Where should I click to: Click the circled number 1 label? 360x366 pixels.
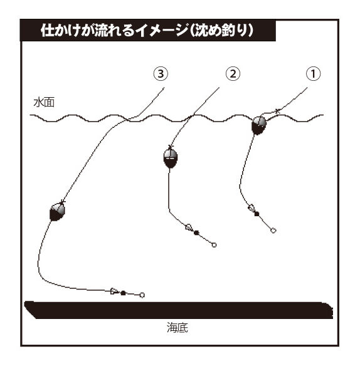pyautogui.click(x=313, y=74)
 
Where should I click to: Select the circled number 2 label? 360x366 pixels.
pyautogui.click(x=233, y=74)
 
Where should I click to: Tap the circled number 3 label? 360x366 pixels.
pyautogui.click(x=161, y=74)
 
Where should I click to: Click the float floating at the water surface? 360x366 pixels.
pyautogui.click(x=259, y=125)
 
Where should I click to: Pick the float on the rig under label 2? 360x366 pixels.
pyautogui.click(x=171, y=159)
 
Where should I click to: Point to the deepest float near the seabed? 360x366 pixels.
pyautogui.click(x=57, y=212)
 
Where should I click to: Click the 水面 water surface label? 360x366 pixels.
pyautogui.click(x=44, y=103)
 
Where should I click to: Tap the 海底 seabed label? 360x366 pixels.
pyautogui.click(x=177, y=328)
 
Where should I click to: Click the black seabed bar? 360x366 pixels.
pyautogui.click(x=179, y=310)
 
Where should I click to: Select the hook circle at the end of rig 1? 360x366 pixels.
pyautogui.click(x=273, y=231)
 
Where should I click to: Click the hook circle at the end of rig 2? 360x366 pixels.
pyautogui.click(x=214, y=245)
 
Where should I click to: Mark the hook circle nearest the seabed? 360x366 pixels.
pyautogui.click(x=142, y=295)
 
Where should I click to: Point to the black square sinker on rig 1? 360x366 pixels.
pyautogui.click(x=257, y=214)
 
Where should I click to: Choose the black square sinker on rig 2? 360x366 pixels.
pyautogui.click(x=196, y=233)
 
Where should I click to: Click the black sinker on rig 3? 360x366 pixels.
pyautogui.click(x=123, y=293)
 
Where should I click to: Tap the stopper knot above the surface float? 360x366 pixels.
pyautogui.click(x=277, y=111)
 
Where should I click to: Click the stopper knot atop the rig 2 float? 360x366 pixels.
pyautogui.click(x=171, y=147)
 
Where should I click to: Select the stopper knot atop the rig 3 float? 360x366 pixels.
pyautogui.click(x=62, y=201)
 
